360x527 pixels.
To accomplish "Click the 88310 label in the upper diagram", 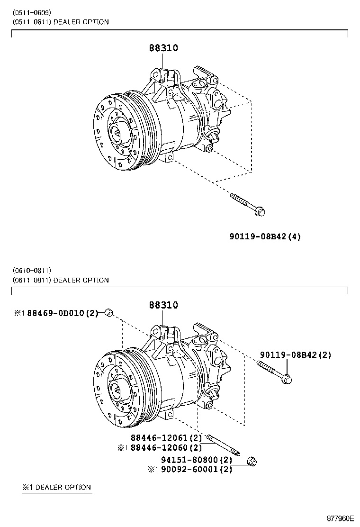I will [164, 48].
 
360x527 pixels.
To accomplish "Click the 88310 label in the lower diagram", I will [164, 305].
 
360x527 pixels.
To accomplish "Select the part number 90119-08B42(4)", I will [266, 236].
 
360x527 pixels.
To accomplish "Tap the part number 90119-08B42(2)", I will [295, 355].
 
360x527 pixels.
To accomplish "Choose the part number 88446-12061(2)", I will [167, 438].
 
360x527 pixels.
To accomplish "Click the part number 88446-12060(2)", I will [166, 447].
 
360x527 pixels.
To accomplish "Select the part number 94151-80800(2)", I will [196, 460].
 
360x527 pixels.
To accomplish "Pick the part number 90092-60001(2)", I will [196, 470].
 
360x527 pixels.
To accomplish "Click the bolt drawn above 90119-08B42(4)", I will [248, 204].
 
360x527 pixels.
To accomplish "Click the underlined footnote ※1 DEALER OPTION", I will [57, 487].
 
